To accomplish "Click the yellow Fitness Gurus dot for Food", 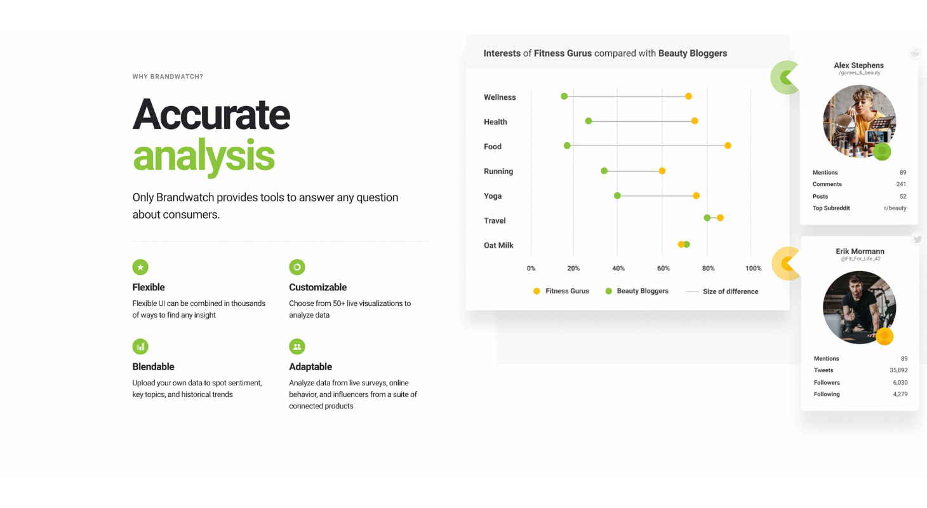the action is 728,146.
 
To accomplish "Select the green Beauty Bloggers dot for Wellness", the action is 564,97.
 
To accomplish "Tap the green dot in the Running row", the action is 604,171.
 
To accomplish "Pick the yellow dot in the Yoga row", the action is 696,196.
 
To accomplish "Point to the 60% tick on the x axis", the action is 664,268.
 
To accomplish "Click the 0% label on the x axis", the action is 531,268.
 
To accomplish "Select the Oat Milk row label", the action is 498,246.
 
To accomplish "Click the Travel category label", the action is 495,221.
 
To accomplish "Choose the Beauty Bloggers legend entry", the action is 637,291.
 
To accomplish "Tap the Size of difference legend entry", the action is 723,291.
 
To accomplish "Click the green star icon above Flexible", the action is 140,267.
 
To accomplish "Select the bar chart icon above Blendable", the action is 140,347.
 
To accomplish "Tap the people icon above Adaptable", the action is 297,347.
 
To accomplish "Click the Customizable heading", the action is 318,287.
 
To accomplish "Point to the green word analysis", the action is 204,157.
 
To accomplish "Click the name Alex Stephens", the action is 858,65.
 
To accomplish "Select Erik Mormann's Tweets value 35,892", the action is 898,370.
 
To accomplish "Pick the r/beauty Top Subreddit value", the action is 895,208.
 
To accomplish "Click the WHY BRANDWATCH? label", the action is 168,77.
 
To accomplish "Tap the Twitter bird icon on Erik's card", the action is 917,239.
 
